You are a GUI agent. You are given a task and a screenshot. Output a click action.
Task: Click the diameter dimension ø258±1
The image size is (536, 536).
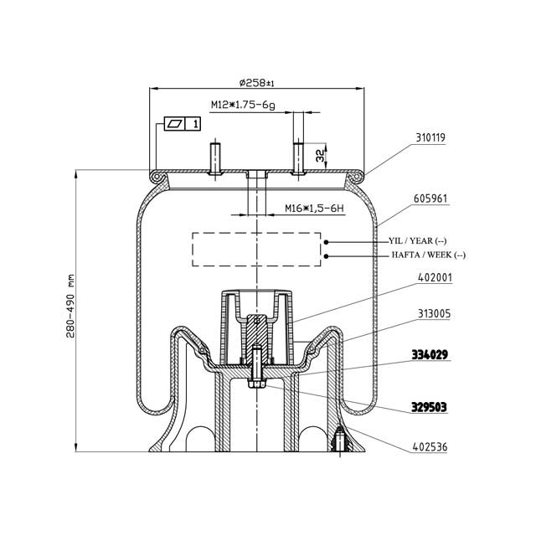(x=257, y=82)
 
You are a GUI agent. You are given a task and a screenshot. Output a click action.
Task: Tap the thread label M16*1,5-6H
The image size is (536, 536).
(x=301, y=208)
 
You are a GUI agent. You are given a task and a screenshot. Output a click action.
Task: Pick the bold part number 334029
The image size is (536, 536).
(x=429, y=354)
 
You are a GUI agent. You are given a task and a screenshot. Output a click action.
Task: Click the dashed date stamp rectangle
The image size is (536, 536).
(x=257, y=249)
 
